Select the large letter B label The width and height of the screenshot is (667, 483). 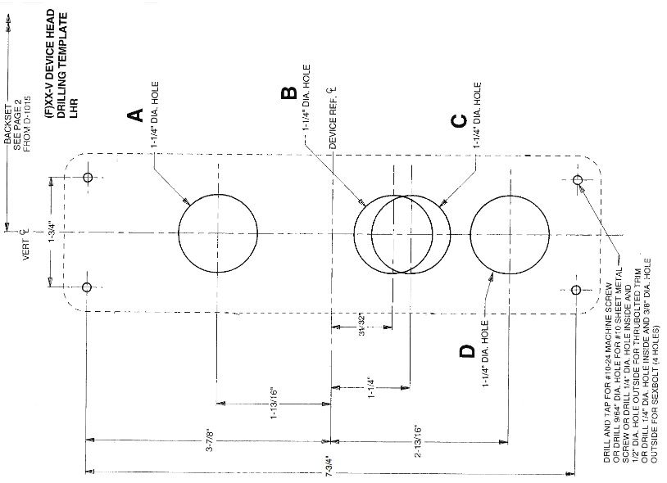[x=288, y=93]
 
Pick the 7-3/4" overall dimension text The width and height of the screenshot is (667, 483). [x=331, y=473]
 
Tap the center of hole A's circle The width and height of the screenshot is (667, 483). [x=217, y=232]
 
